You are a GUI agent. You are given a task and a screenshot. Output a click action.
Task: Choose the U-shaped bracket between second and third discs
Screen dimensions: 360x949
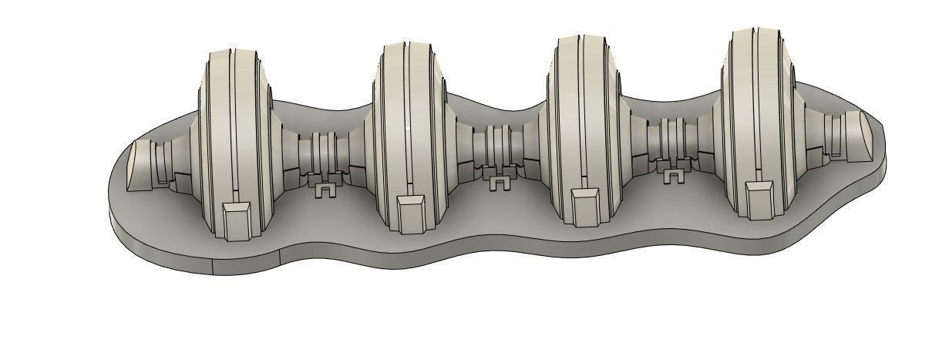(x=500, y=182)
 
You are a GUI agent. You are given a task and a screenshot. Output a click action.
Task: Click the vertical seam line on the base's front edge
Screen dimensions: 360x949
(x=212, y=264)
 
